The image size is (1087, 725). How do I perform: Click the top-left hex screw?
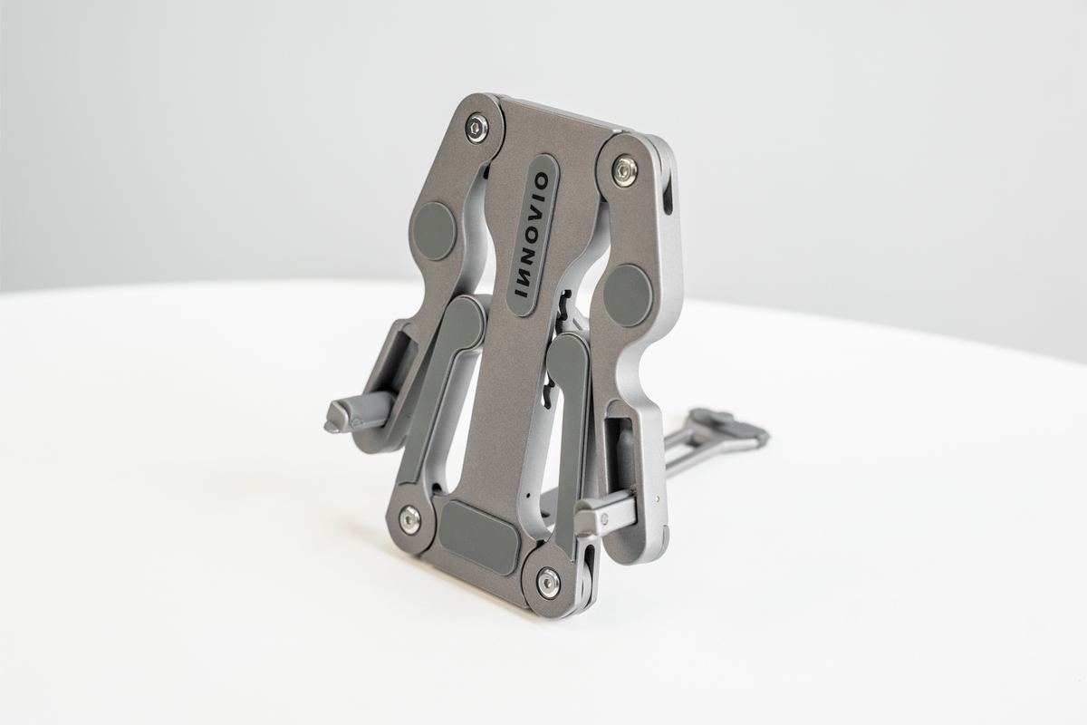click(x=477, y=128)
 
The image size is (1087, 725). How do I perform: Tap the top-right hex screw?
click(x=624, y=170)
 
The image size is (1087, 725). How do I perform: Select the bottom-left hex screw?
click(x=410, y=518)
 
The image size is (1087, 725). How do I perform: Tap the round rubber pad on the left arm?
click(x=434, y=231)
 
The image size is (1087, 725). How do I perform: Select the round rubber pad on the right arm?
click(x=628, y=295)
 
